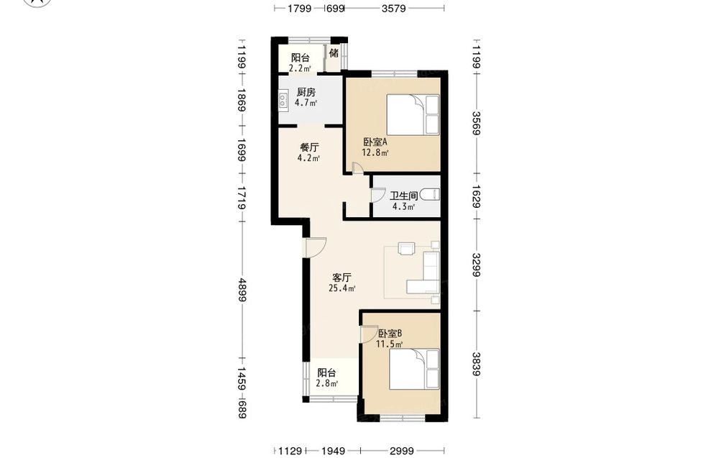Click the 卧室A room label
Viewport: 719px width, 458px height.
375,142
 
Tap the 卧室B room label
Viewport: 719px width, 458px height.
390,334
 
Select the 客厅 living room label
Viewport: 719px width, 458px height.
342,278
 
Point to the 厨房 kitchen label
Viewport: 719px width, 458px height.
306,92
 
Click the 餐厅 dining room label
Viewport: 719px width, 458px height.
309,147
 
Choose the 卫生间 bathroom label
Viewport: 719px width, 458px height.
404,196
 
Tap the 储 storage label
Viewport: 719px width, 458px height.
334,52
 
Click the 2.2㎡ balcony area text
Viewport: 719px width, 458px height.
300,68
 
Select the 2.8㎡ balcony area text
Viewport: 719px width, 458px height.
327,383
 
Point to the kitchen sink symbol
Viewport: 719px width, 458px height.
283,101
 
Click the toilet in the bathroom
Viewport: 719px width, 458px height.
430,195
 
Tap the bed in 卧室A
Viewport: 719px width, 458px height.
413,114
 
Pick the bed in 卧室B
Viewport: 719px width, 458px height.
414,369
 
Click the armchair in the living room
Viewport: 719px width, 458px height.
406,248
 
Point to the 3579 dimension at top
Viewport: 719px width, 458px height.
393,8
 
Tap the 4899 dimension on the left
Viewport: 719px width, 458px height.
242,290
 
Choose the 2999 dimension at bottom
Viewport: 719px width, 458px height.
402,451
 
